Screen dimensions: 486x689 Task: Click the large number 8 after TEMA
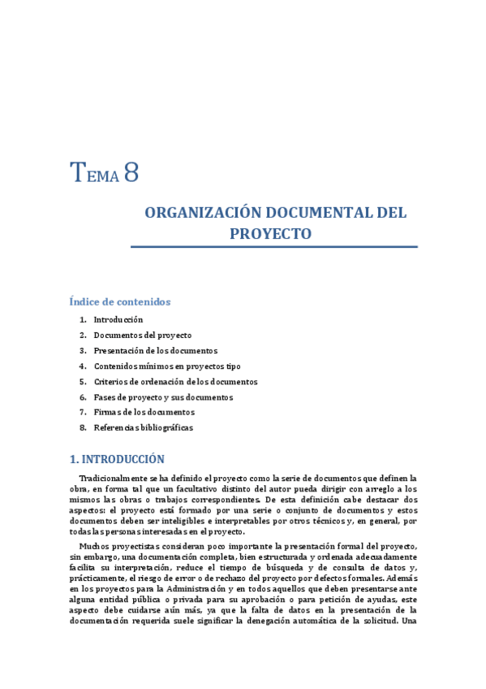(131, 173)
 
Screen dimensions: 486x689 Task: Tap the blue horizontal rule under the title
(273, 246)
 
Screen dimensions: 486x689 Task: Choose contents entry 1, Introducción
(118, 320)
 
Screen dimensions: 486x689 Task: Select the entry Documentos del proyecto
(142, 336)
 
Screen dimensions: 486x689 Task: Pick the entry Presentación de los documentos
(155, 351)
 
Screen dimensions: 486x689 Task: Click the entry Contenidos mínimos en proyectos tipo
(166, 366)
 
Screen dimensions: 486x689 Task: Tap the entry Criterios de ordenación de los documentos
(175, 382)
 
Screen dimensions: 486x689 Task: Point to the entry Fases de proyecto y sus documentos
(163, 397)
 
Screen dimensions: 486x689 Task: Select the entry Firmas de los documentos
(144, 413)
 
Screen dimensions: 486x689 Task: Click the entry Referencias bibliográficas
(143, 428)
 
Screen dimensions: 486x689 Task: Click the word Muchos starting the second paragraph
(94, 545)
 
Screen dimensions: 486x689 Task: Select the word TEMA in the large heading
(95, 174)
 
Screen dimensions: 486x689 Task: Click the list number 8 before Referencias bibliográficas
(83, 428)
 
